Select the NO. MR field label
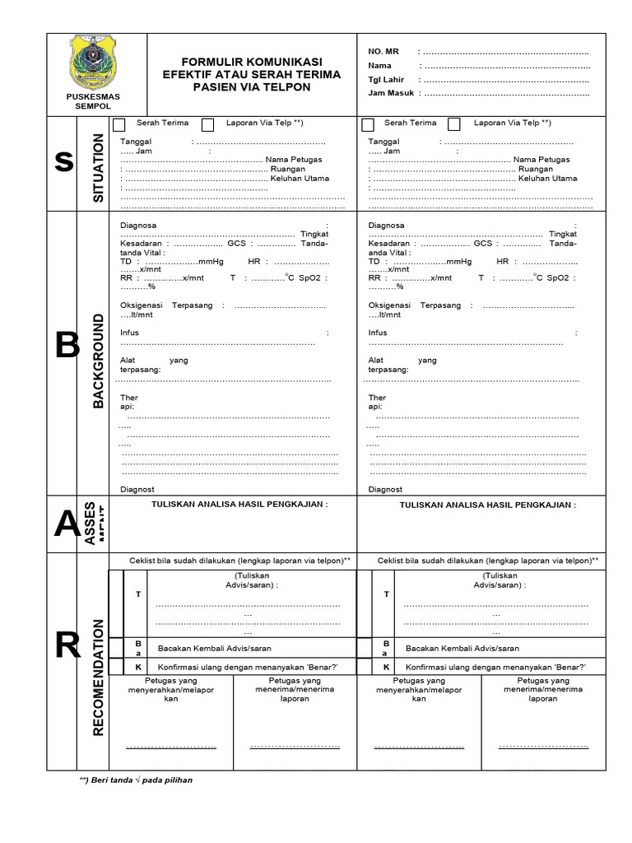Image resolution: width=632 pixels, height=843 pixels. pyautogui.click(x=382, y=52)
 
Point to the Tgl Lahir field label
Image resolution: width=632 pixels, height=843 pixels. pyautogui.click(x=386, y=80)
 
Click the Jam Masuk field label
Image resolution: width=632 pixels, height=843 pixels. pyautogui.click(x=389, y=94)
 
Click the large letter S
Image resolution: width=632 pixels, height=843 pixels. pyautogui.click(x=63, y=163)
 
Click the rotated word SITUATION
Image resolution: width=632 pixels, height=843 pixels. pyautogui.click(x=98, y=167)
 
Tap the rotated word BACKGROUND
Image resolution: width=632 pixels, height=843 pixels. pyautogui.click(x=98, y=361)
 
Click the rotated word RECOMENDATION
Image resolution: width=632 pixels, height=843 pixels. pyautogui.click(x=98, y=676)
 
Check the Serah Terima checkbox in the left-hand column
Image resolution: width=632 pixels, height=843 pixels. pyautogui.click(x=119, y=124)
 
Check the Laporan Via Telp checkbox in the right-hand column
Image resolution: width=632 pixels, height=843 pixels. pyautogui.click(x=454, y=124)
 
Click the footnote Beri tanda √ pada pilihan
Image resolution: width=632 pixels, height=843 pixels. pyautogui.click(x=136, y=780)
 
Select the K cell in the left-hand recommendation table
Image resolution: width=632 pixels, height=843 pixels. pyautogui.click(x=138, y=666)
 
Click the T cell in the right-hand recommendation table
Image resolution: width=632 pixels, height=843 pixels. pyautogui.click(x=386, y=594)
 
